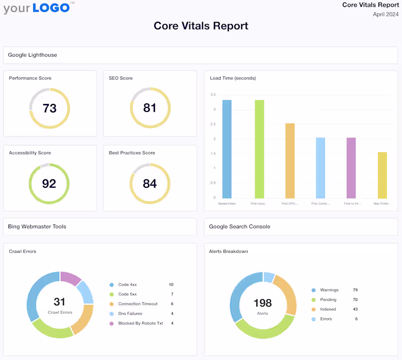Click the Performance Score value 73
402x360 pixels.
click(49, 108)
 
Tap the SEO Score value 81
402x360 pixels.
click(150, 108)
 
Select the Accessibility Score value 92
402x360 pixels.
click(49, 183)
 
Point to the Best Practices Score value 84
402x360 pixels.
click(150, 183)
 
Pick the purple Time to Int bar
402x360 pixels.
click(351, 168)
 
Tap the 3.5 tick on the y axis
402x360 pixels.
click(213, 95)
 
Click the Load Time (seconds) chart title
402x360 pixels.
click(233, 78)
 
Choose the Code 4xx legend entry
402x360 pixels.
click(127, 285)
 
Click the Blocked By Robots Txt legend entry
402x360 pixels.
click(140, 323)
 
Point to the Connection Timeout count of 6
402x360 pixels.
click(171, 304)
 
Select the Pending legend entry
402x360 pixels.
click(329, 299)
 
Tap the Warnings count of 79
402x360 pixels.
click(355, 290)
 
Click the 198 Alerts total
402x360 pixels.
click(263, 303)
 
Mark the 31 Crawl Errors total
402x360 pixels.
click(60, 302)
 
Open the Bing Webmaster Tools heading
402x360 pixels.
click(37, 226)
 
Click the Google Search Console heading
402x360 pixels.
click(240, 226)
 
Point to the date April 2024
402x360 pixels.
click(385, 14)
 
